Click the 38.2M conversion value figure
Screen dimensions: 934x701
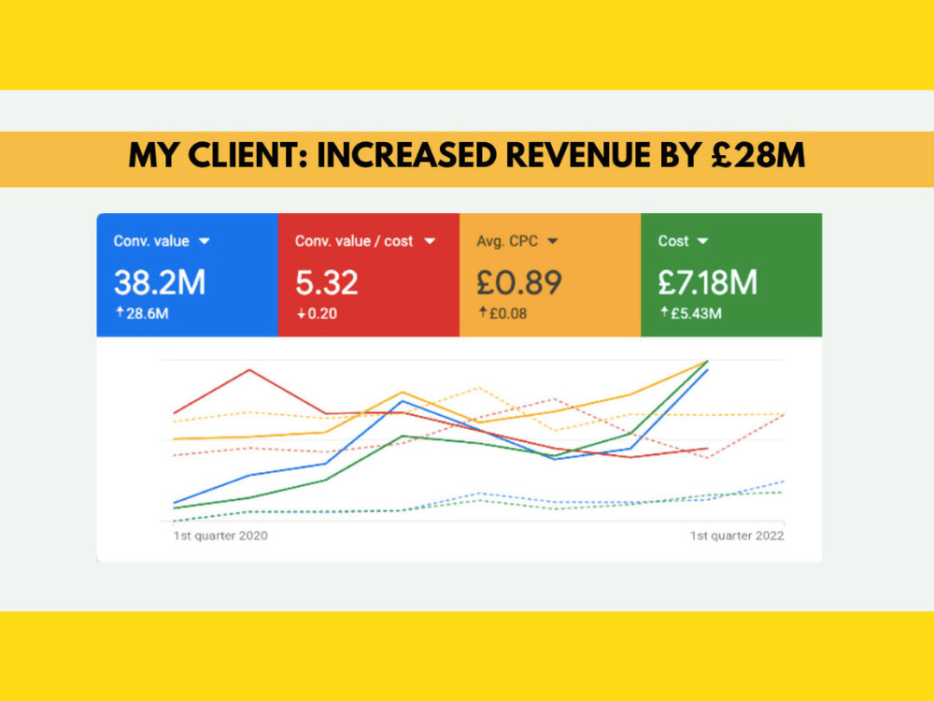(x=160, y=282)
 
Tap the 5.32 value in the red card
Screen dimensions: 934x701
(x=326, y=282)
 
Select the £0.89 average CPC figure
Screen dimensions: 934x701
(x=518, y=282)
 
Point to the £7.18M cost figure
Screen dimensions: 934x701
(x=708, y=282)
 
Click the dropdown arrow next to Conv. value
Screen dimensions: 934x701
(x=205, y=241)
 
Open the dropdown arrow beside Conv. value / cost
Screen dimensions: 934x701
(x=430, y=241)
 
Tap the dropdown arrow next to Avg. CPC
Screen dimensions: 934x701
(x=553, y=241)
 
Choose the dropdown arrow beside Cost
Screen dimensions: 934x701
(x=703, y=241)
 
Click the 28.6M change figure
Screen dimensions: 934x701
(x=148, y=313)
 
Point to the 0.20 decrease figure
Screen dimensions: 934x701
(x=322, y=313)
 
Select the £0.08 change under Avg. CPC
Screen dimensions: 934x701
(x=508, y=313)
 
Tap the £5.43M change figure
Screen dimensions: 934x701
(x=697, y=313)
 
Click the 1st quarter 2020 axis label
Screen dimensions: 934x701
(x=220, y=536)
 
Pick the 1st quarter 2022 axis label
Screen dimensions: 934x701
(x=737, y=536)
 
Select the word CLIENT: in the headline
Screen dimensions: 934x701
(x=248, y=155)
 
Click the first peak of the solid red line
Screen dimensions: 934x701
(x=249, y=370)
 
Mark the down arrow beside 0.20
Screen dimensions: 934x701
(x=302, y=313)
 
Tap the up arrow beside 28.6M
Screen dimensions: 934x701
(x=120, y=312)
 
